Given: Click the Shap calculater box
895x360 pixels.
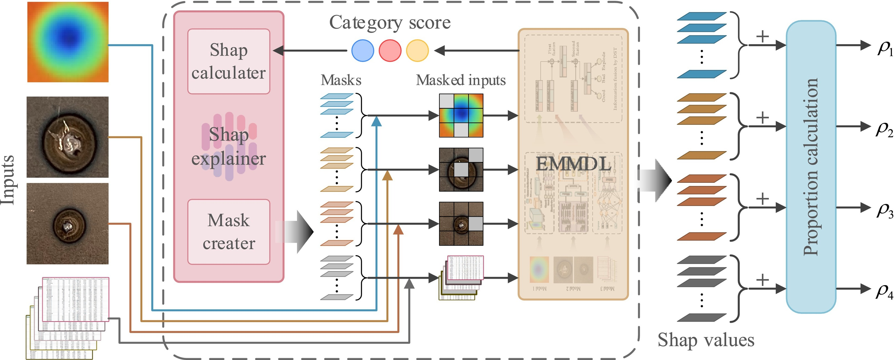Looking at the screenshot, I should tap(229, 61).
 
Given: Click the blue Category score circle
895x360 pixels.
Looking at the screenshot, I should tap(363, 51).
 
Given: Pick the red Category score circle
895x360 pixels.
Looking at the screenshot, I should tap(390, 51).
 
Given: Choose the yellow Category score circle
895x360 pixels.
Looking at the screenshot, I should tap(417, 51).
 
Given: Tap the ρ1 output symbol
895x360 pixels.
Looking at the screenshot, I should tap(884, 49).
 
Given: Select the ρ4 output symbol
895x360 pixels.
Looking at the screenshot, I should tap(884, 291).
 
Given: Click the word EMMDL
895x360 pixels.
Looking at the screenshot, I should tap(573, 164).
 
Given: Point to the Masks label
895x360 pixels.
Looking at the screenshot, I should tap(341, 80).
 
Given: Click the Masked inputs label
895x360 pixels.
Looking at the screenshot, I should tap(461, 80).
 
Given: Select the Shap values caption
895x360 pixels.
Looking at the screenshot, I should tap(706, 340).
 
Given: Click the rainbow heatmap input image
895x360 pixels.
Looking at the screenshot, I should tap(68, 42).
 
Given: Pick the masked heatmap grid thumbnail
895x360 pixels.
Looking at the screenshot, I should tap(461, 115).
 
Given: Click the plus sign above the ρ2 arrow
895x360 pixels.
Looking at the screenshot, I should tap(762, 117).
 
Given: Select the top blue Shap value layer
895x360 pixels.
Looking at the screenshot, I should tap(702, 16).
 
